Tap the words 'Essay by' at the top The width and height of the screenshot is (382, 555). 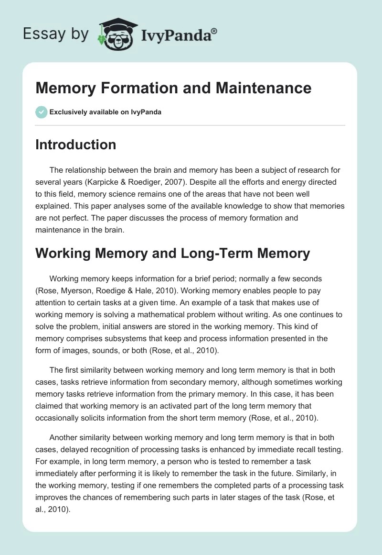click(x=55, y=34)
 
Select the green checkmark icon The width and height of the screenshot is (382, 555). click(x=41, y=112)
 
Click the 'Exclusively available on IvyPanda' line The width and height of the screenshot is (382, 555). click(x=105, y=112)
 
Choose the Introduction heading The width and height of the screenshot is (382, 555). click(x=75, y=144)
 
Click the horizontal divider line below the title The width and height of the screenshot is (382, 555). click(x=190, y=125)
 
